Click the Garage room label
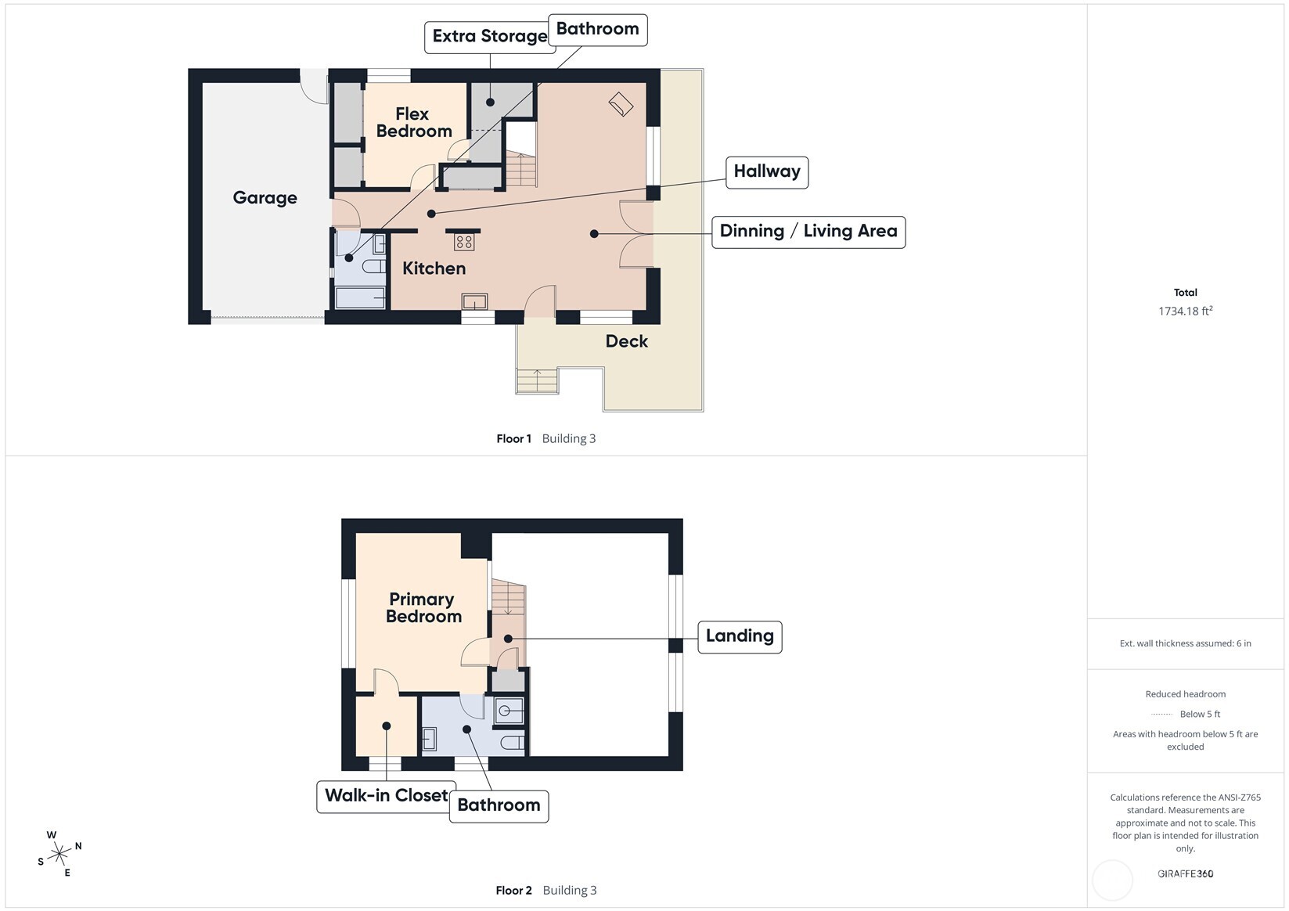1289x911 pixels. point(265,198)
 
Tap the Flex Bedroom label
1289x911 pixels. point(414,123)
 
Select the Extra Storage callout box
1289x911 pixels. point(490,38)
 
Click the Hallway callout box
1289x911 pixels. point(766,172)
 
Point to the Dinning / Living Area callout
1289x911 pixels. point(808,232)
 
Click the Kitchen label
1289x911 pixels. point(434,268)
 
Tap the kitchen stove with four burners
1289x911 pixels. point(464,241)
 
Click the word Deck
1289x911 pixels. point(627,341)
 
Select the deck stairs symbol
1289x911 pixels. point(537,380)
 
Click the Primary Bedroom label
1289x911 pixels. point(423,607)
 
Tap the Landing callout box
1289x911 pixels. point(740,636)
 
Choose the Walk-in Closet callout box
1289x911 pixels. point(386,797)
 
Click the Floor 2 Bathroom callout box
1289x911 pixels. point(499,806)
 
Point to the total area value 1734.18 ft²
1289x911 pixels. point(1186,311)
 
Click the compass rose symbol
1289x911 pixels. point(59,854)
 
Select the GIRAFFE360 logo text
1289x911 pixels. point(1186,873)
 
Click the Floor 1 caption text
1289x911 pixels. point(514,438)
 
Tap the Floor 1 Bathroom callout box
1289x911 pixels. point(597,30)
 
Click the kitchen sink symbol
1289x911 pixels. point(475,301)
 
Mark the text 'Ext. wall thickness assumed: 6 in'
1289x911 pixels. point(1186,643)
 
